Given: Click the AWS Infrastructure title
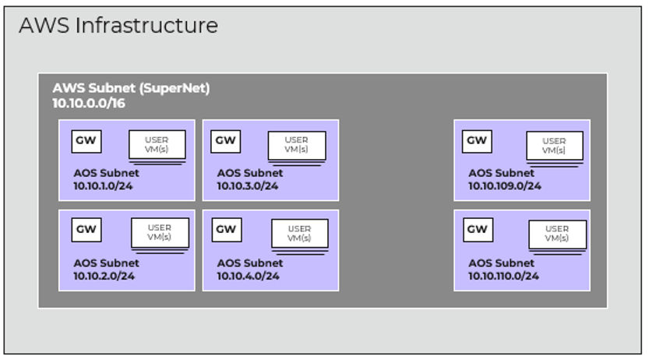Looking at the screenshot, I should (118, 26).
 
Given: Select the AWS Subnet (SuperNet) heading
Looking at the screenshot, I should (131, 89).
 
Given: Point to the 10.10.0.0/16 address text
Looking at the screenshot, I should (89, 102).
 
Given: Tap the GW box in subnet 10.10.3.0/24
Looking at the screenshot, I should (226, 141).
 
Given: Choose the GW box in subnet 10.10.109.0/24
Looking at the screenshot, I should (477, 141).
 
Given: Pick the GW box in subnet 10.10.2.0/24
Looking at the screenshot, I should (86, 229).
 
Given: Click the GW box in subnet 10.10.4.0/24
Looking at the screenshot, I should (226, 229).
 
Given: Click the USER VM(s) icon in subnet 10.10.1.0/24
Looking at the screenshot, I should (157, 146).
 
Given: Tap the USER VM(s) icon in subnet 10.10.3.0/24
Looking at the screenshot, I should (297, 146).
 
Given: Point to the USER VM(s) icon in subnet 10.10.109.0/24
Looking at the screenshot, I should (554, 146).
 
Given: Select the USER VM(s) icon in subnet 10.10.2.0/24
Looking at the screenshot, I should (159, 235).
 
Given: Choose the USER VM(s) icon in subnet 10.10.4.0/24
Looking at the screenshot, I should (299, 235).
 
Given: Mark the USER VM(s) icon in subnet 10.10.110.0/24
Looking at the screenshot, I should (557, 235).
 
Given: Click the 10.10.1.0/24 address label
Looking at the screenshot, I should (104, 185).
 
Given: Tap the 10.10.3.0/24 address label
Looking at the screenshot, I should (248, 185).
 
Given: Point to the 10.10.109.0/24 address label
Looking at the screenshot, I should (504, 185).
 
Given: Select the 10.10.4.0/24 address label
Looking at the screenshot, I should (248, 275).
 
